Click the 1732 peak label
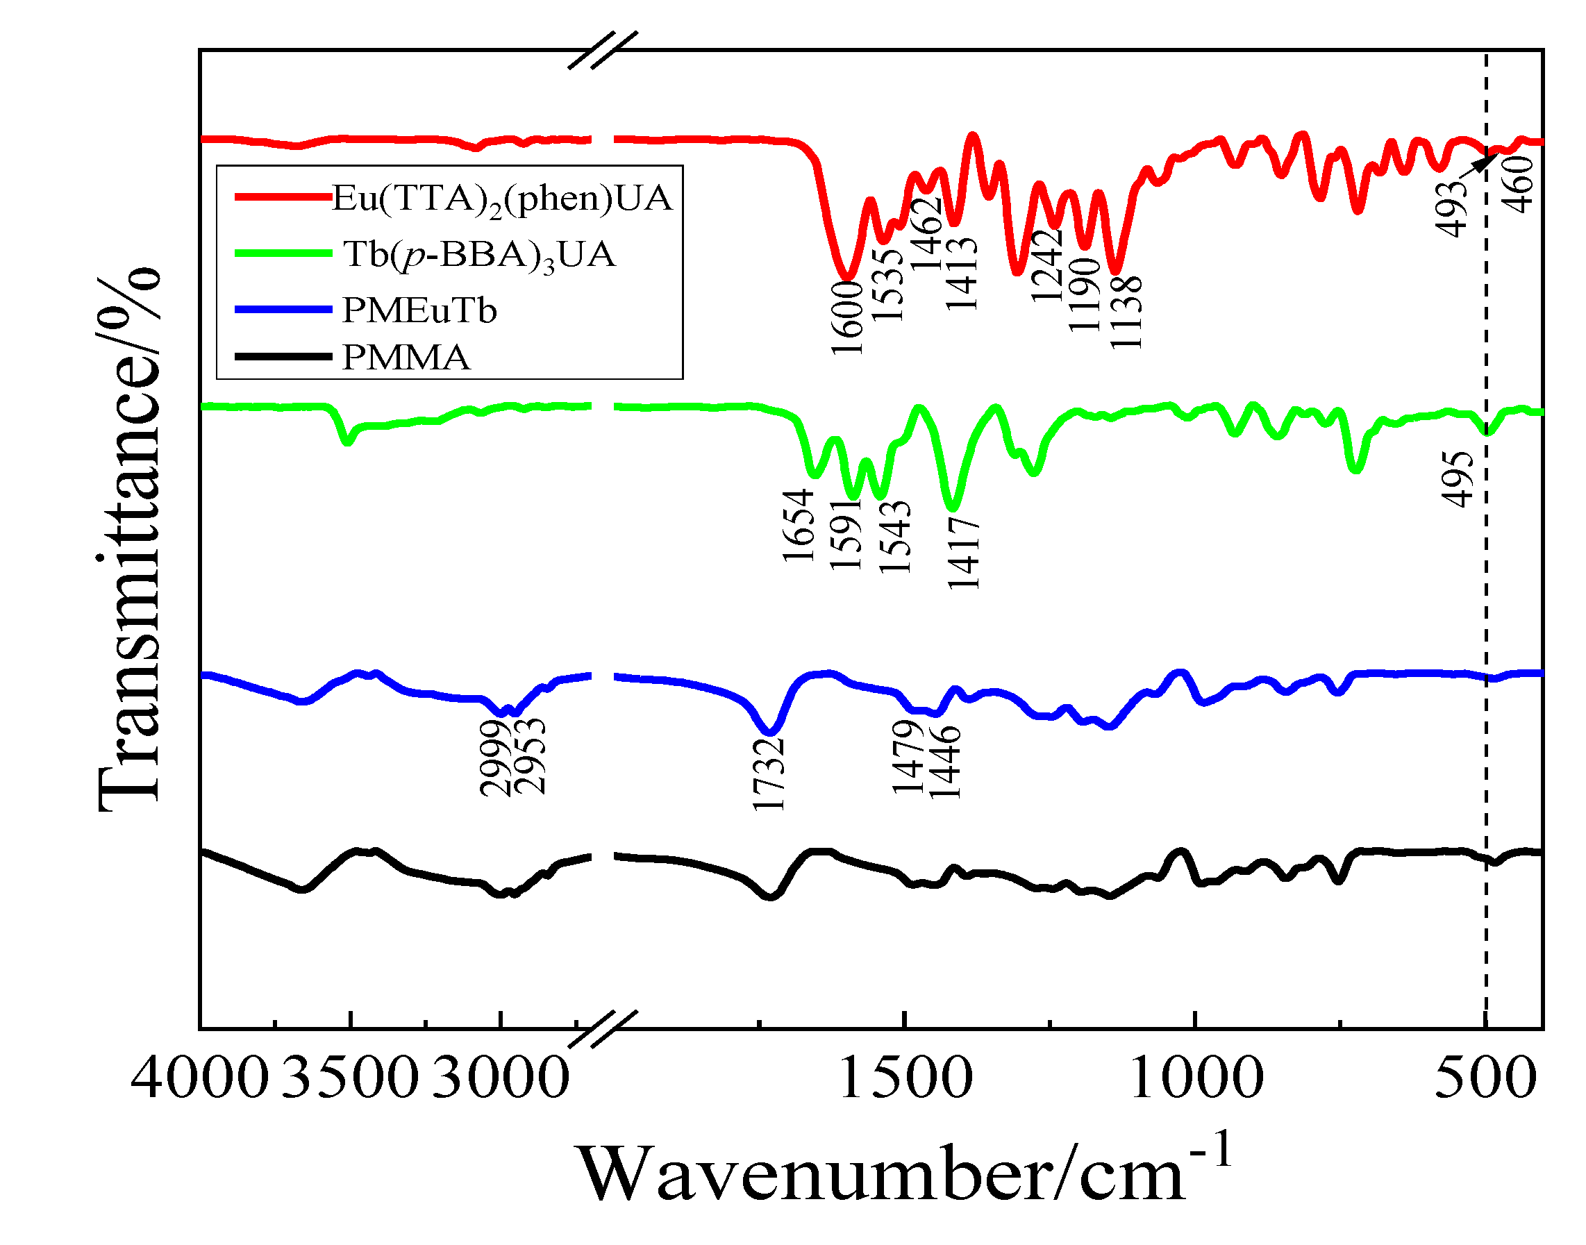pos(769,774)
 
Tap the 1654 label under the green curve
pos(799,526)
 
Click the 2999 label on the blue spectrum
pos(496,758)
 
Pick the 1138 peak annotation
pos(1126,312)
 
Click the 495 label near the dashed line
pos(1458,479)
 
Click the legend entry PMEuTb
pos(419,311)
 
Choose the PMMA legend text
pos(406,358)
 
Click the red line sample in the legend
pos(283,197)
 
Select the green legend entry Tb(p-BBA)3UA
pos(479,254)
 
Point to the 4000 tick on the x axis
pos(199,1080)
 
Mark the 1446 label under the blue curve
pos(946,762)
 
